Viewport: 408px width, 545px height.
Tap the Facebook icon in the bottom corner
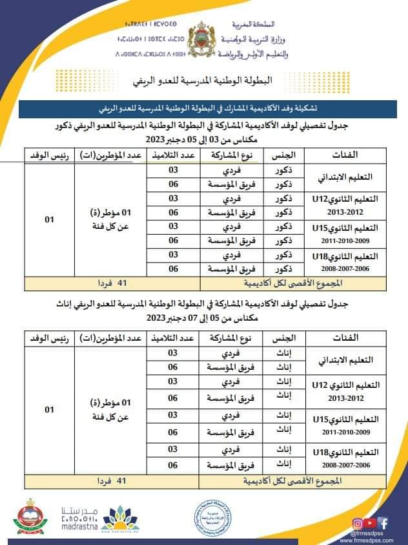coord(383,522)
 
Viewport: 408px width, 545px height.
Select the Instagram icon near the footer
coord(357,523)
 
